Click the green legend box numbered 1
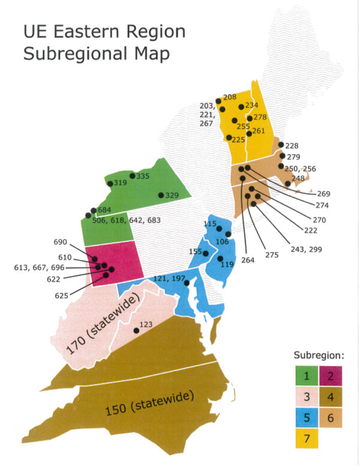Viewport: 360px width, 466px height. (x=307, y=377)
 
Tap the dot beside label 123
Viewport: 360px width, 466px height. (x=136, y=331)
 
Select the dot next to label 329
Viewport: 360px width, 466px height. (x=161, y=195)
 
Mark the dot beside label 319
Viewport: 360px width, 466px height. (x=110, y=183)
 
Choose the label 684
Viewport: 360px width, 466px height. (x=105, y=210)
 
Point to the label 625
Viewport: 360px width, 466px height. (x=62, y=295)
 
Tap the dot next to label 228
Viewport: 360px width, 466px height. (x=281, y=145)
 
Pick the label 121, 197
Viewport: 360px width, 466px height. (x=170, y=278)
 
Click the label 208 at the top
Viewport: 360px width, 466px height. (x=230, y=97)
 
